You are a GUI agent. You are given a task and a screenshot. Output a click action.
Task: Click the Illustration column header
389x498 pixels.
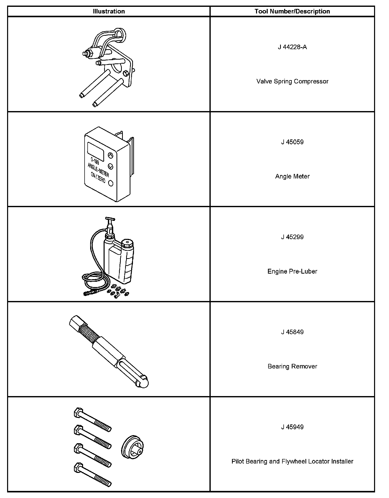(x=109, y=11)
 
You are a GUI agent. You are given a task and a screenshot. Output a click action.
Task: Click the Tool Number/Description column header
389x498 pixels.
(x=292, y=11)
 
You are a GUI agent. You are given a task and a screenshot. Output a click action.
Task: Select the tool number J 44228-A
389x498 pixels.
(x=292, y=47)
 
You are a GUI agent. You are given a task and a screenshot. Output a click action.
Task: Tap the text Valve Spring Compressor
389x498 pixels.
(x=292, y=81)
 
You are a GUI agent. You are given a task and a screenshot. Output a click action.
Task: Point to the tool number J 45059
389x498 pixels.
(x=292, y=142)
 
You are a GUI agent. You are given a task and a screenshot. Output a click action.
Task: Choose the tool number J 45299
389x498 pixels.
(x=292, y=237)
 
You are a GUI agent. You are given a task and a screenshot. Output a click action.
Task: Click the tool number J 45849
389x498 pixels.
(x=292, y=332)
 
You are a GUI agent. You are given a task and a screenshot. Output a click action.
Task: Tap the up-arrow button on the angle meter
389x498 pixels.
(x=110, y=155)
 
